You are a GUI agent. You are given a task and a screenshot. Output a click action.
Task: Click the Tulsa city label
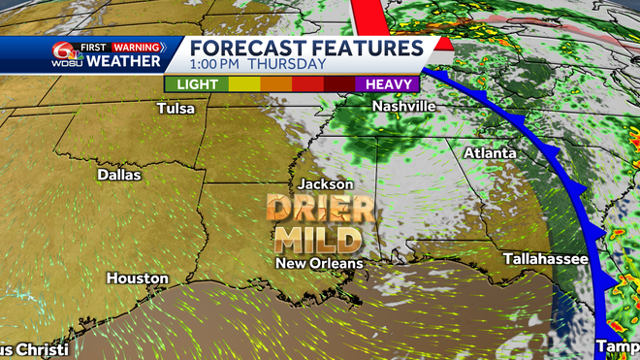[x=176, y=109]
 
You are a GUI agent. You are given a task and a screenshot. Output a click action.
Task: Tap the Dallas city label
[x=119, y=176]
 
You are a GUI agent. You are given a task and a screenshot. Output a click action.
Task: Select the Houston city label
[x=137, y=278]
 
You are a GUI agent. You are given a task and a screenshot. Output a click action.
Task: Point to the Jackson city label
[x=325, y=183]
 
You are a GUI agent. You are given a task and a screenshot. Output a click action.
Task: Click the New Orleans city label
[x=319, y=263]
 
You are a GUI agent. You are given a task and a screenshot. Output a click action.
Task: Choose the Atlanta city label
[x=490, y=153]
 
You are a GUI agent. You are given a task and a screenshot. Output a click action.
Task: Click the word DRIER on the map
[x=320, y=209]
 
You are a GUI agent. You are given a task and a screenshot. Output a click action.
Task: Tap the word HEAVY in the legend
[x=387, y=84]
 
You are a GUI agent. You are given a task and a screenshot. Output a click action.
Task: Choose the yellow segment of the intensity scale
[x=243, y=84]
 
